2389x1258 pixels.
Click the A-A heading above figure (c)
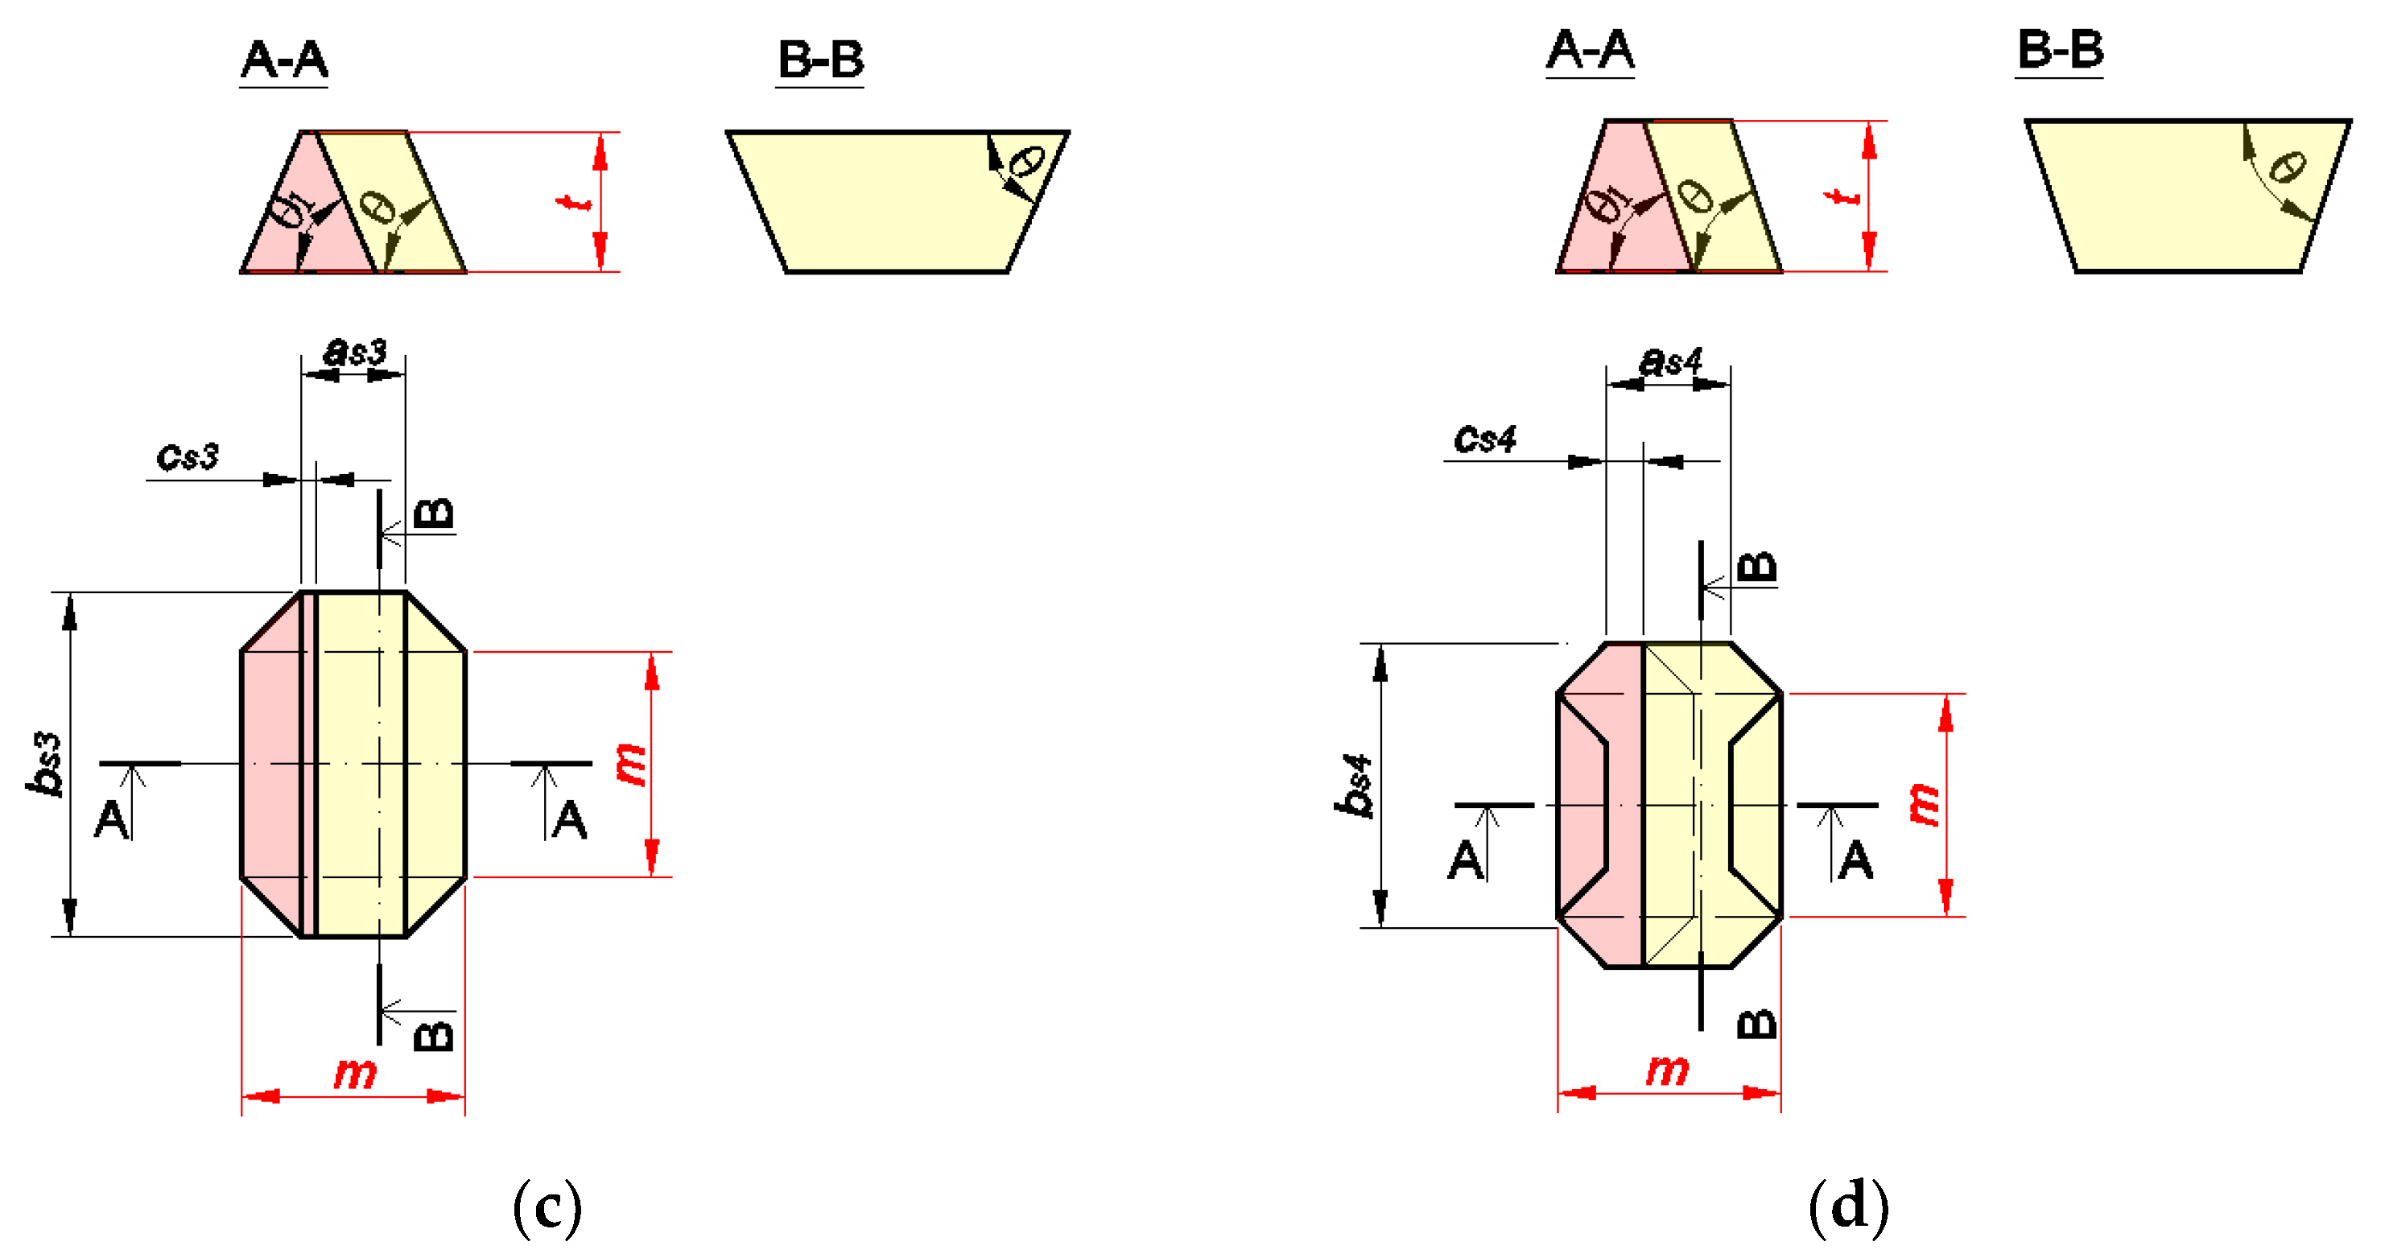tap(284, 60)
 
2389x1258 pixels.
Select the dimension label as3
tap(354, 352)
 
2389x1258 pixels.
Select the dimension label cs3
tap(188, 456)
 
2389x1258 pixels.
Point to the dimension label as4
tap(1670, 361)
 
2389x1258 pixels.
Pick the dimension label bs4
tap(1353, 786)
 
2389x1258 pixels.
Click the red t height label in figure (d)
tap(1842, 196)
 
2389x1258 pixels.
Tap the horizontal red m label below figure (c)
tap(354, 1074)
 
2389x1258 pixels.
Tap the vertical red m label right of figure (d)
tap(1925, 804)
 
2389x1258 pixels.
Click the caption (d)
tap(1847, 1205)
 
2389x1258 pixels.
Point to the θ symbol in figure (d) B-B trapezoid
tap(2286, 167)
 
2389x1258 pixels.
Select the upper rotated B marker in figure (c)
tap(432, 513)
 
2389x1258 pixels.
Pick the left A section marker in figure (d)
tap(1467, 859)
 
